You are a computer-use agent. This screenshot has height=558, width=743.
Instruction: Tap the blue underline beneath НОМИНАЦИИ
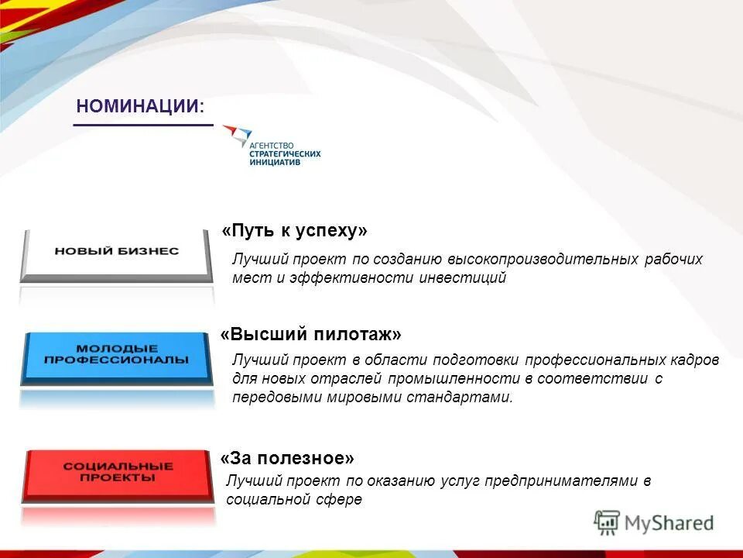(143, 124)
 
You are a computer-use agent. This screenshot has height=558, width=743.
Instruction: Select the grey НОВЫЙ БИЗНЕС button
(117, 252)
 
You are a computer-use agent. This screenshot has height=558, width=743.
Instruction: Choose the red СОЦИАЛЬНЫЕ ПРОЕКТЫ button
(118, 472)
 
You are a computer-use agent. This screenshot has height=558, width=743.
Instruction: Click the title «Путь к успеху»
(294, 231)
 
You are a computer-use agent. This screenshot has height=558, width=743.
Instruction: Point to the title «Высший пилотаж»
(311, 334)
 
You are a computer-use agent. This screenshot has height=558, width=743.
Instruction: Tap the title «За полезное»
(287, 458)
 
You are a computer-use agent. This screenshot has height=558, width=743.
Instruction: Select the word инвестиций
(463, 278)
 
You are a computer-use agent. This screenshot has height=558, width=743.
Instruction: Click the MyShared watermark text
(669, 522)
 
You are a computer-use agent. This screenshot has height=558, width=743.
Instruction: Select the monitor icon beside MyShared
(608, 522)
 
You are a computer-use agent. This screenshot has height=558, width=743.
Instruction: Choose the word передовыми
(270, 398)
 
